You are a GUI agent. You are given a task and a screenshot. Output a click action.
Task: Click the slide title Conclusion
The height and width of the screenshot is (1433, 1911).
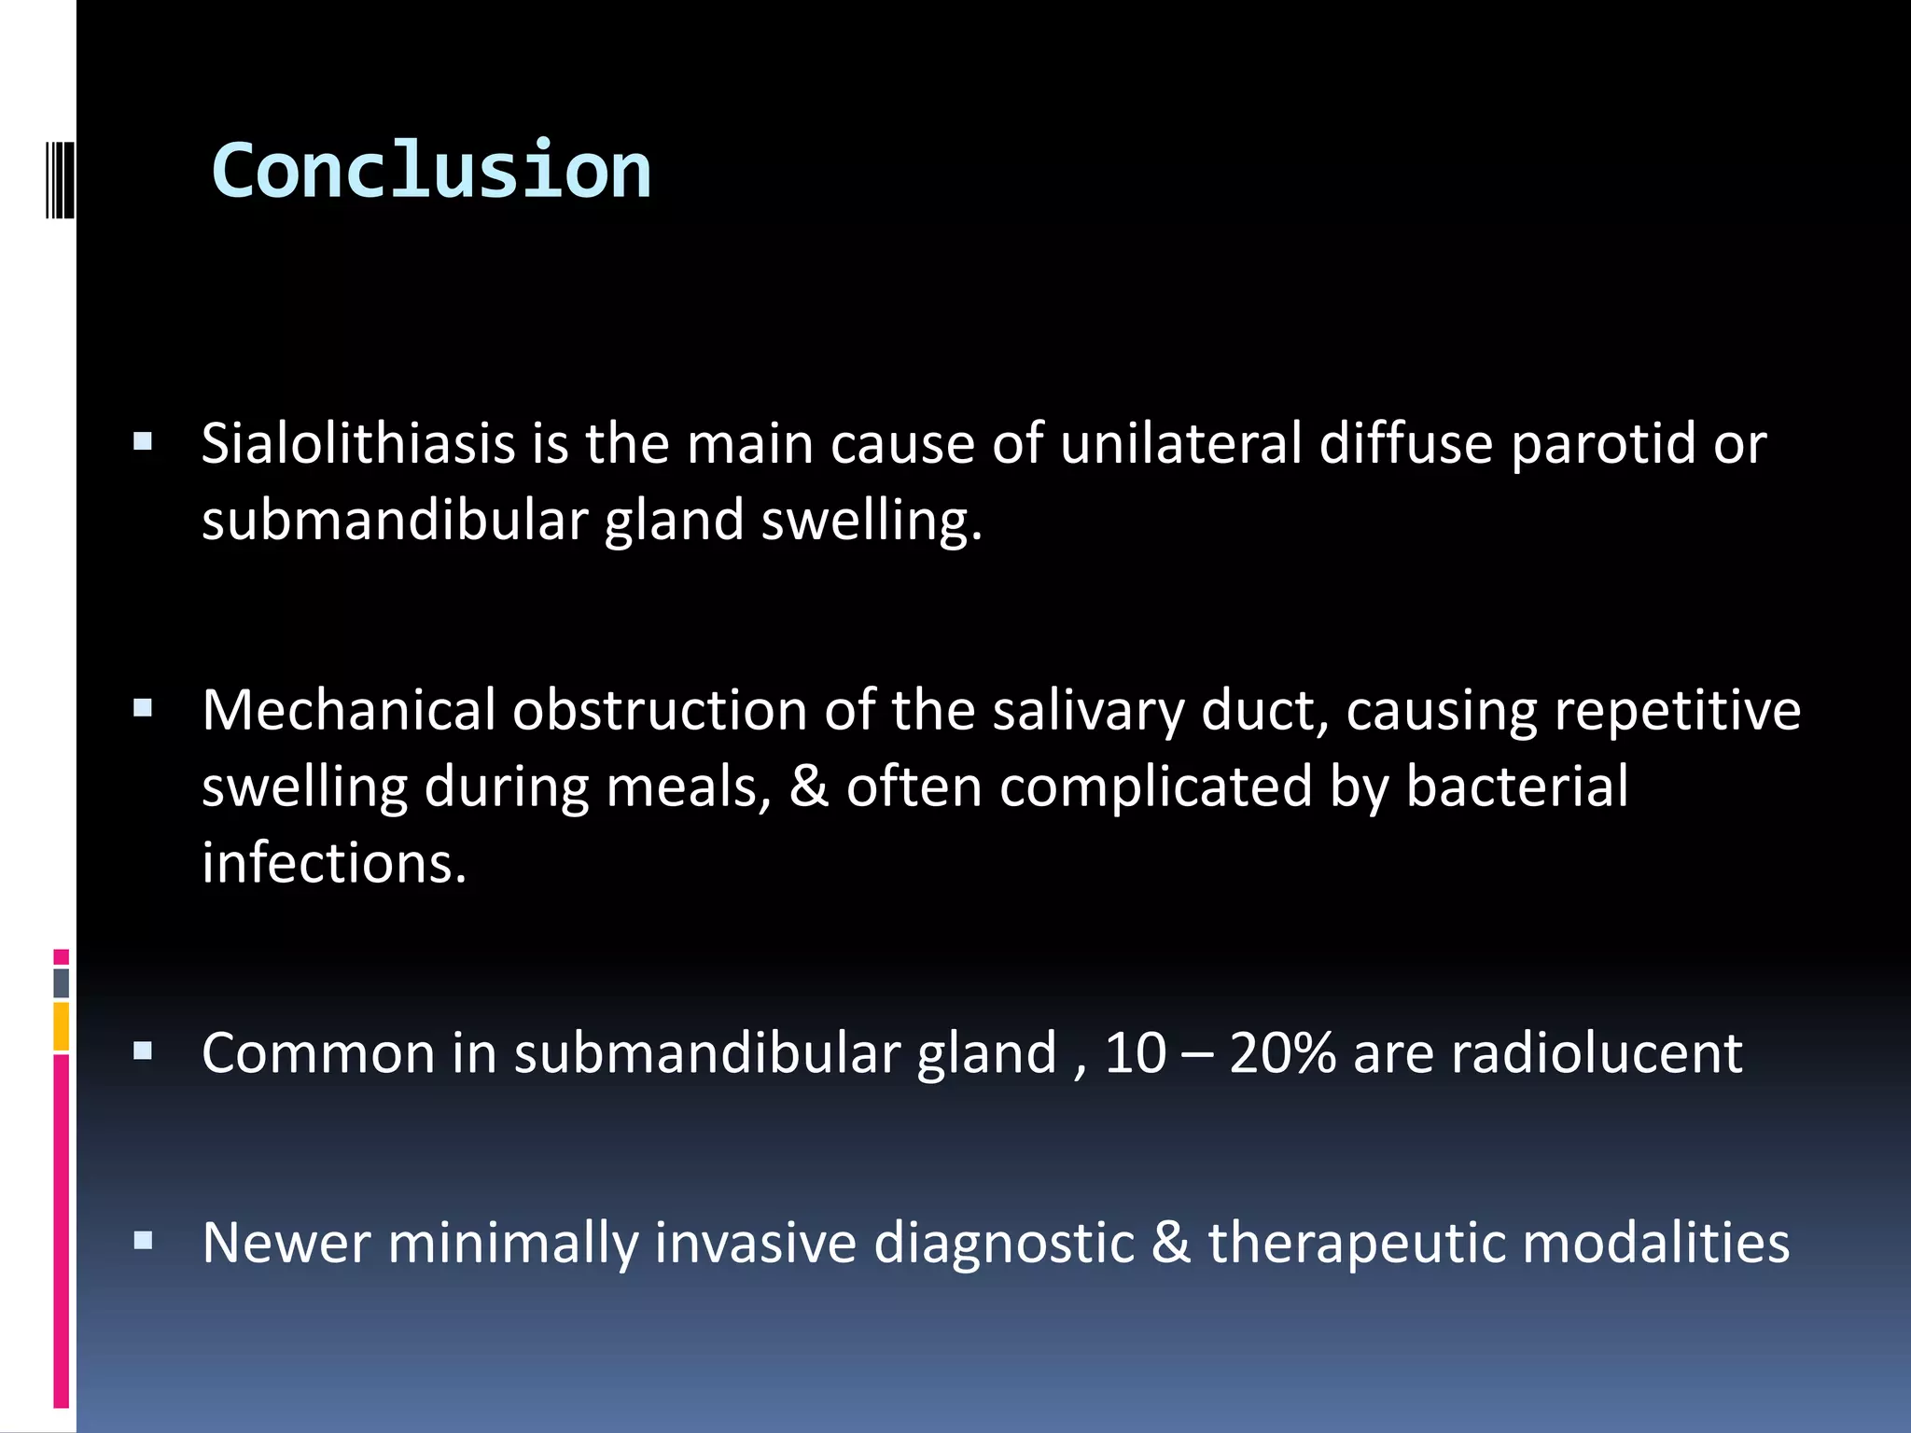coord(431,171)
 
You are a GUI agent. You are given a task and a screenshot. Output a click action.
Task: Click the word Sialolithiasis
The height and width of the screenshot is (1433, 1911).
coord(358,443)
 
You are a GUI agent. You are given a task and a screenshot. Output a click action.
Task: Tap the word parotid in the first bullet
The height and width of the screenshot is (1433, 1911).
coord(1602,443)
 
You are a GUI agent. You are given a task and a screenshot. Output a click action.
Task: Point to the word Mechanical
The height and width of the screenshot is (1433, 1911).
coord(348,711)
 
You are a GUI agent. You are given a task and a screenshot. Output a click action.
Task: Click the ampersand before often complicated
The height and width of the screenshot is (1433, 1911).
coord(809,786)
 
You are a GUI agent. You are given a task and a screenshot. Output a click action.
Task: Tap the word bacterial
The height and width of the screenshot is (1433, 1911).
coord(1516,786)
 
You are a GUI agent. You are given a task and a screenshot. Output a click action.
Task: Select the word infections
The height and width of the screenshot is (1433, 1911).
coord(333,863)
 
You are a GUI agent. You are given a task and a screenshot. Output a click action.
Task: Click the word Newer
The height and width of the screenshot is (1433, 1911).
coord(286,1243)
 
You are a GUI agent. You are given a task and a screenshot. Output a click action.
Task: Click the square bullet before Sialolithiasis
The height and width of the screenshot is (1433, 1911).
coord(143,441)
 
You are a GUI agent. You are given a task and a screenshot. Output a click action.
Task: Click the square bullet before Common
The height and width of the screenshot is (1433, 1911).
coord(143,1052)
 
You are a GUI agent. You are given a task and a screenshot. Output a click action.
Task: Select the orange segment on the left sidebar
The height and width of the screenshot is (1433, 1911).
coord(62,1026)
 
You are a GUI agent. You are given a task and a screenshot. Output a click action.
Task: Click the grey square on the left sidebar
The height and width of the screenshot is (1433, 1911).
coord(62,983)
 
